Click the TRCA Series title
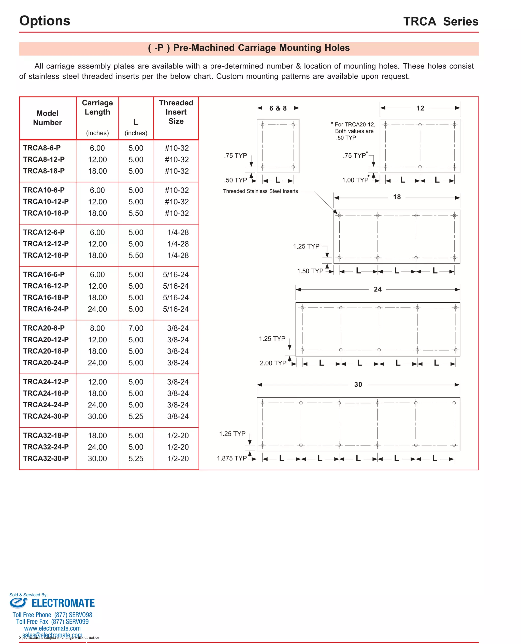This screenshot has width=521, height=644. point(440,22)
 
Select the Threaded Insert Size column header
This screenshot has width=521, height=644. point(176,112)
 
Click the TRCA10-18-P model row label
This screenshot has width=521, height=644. point(46,213)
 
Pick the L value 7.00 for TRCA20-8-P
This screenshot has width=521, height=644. point(136,328)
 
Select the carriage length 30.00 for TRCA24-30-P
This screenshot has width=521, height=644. point(97,416)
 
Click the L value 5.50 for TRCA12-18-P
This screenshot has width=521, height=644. point(136,256)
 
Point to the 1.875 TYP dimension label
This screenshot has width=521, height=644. point(231,458)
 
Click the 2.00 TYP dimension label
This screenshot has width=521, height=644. point(273,363)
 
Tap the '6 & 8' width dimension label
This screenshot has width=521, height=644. point(278,108)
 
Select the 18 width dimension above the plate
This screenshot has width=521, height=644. point(397,197)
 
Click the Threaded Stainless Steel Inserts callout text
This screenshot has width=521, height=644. point(260,191)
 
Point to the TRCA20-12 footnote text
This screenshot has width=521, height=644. point(354,131)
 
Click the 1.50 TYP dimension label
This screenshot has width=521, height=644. point(310,271)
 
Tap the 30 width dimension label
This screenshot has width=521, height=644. point(358,385)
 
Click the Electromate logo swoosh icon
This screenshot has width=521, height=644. point(18,603)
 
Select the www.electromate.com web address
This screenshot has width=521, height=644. point(52,628)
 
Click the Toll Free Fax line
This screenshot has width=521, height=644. point(52,622)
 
